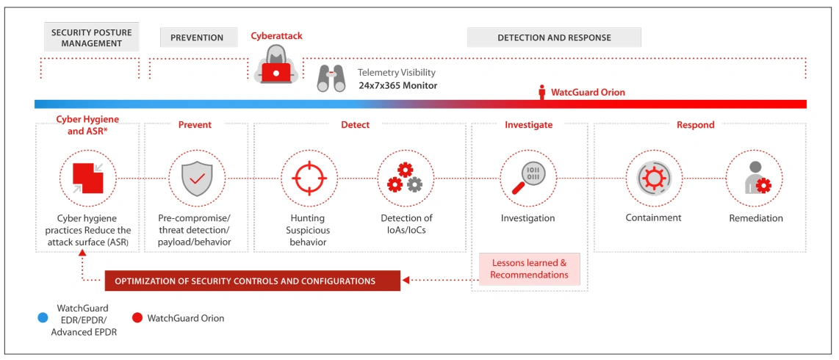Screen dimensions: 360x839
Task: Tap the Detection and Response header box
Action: coord(554,37)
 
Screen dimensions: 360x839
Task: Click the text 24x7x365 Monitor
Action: coord(397,85)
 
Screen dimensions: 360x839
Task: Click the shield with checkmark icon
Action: coord(196,179)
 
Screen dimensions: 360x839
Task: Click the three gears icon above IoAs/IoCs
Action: coord(405,179)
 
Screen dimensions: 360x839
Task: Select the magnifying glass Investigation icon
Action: coord(527,179)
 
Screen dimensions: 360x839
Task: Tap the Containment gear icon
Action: coord(653,179)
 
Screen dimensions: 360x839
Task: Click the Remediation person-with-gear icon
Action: coord(755,179)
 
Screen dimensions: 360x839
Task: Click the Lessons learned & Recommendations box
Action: coord(529,269)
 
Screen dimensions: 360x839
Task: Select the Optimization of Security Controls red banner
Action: coord(252,281)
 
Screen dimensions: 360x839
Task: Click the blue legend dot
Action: coord(43,319)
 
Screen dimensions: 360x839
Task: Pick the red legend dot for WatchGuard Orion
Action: coord(137,319)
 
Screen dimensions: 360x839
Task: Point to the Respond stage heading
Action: coord(695,125)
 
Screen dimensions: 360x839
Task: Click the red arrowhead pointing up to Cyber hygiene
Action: coord(82,253)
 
